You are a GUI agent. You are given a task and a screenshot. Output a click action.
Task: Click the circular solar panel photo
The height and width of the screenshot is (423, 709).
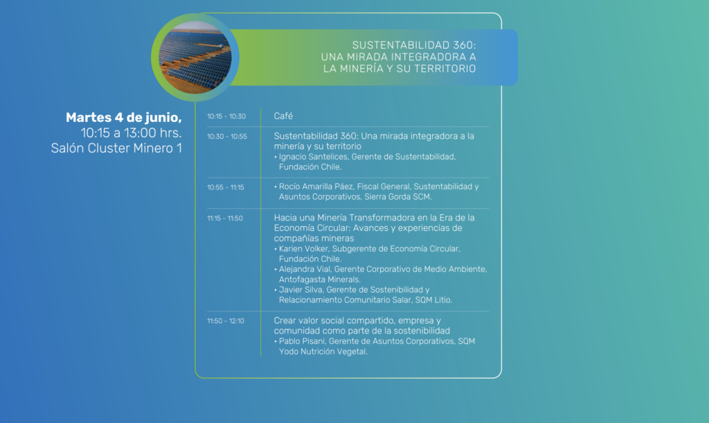[x=195, y=58]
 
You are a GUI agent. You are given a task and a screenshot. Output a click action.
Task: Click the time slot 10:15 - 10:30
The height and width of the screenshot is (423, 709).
[x=226, y=116]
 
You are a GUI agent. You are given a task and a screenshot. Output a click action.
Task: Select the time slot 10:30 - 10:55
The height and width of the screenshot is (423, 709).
[x=227, y=137]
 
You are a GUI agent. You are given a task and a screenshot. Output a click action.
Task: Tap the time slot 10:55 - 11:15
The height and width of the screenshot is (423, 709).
[x=226, y=187]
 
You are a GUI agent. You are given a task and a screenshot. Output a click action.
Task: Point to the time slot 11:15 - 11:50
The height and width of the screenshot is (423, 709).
[x=225, y=218]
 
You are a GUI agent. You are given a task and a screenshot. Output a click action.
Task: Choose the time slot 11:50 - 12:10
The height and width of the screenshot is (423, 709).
[x=226, y=320]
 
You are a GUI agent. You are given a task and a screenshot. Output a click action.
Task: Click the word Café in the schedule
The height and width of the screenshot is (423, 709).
[x=283, y=116]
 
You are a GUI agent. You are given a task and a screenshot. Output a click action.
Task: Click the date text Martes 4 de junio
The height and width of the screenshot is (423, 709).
[x=124, y=118]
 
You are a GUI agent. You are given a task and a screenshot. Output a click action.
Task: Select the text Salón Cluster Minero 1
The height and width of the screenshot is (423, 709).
[x=116, y=148]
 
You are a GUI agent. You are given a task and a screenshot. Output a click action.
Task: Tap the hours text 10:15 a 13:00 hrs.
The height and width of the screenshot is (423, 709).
[x=131, y=132]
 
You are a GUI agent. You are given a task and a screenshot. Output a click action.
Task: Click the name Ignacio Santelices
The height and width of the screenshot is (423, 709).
[x=314, y=157]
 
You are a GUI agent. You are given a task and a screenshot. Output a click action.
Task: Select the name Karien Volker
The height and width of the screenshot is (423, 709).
[x=303, y=249]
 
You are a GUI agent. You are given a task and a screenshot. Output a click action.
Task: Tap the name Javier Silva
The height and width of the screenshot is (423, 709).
[x=300, y=290]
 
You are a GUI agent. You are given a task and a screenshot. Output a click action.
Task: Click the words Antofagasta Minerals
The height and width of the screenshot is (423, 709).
[x=319, y=279]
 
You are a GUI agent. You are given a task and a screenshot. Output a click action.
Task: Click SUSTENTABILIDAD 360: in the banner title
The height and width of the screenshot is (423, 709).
[x=414, y=45]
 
